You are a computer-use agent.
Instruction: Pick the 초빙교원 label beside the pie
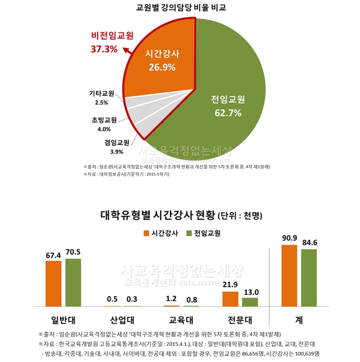(x=104, y=120)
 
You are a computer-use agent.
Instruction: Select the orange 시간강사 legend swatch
(x=146, y=234)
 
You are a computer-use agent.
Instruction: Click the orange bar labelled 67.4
(x=53, y=284)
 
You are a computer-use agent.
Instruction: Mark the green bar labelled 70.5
(x=73, y=283)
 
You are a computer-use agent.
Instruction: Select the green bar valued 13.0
(x=250, y=302)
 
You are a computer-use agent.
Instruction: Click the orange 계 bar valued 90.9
(x=289, y=276)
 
